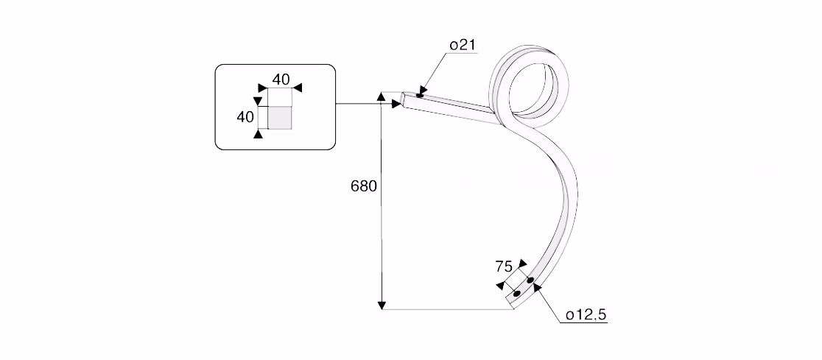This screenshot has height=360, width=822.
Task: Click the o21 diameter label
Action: point(462,45)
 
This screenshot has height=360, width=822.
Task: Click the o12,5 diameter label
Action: point(586,314)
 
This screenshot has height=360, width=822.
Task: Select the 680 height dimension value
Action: point(364,186)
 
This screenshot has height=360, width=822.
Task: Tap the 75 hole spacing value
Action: point(504,267)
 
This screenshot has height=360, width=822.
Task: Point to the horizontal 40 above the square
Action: point(281,80)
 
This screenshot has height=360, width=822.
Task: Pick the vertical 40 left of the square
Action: point(245,117)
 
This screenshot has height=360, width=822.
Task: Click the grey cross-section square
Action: point(279,117)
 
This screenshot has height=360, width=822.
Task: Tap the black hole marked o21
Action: point(419,96)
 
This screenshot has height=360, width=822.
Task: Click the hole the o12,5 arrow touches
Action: point(530,281)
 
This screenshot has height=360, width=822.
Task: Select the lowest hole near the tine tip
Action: point(517,294)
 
